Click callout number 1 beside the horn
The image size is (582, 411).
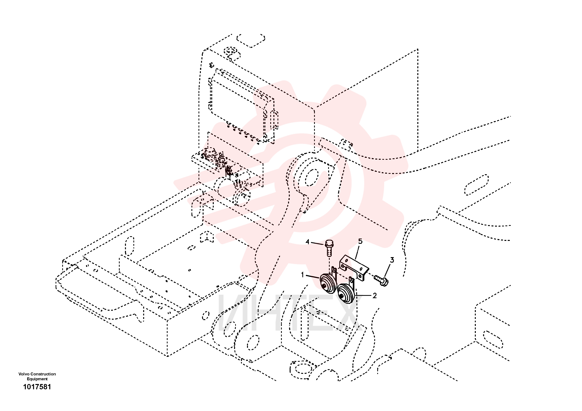point(302,275)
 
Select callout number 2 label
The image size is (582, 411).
point(375,295)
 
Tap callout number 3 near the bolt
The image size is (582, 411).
point(392,260)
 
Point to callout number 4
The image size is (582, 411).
point(307,242)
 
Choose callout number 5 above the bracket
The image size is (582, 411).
point(360,241)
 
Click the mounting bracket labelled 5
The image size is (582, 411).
point(354,268)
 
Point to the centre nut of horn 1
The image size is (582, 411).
point(324,286)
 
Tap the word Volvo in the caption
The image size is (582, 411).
point(24,374)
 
